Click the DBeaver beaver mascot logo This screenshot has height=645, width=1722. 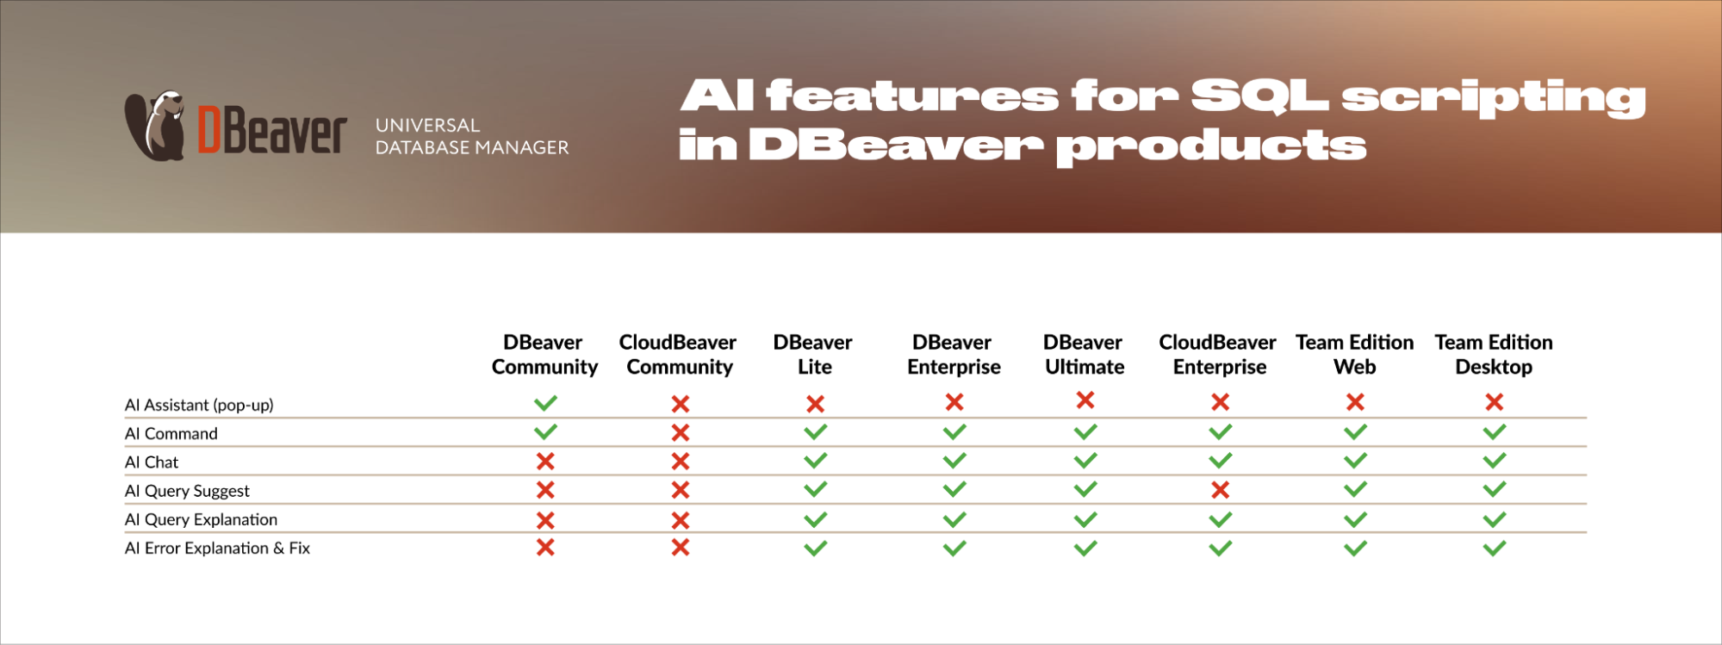(x=155, y=126)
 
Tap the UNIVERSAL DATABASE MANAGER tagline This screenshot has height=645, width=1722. (x=472, y=136)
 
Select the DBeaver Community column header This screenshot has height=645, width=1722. (x=544, y=355)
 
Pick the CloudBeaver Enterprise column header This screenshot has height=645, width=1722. (x=1218, y=355)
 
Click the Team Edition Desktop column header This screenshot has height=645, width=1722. (x=1494, y=355)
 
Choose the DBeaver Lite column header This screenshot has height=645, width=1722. (x=813, y=355)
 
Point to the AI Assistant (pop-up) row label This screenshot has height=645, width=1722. (x=199, y=405)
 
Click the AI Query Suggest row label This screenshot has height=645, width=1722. (x=187, y=491)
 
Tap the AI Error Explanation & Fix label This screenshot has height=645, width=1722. (x=217, y=548)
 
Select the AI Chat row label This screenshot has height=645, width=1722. (x=152, y=462)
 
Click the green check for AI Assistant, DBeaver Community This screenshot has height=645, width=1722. (x=545, y=403)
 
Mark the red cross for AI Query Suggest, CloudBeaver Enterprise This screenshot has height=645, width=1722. (x=1220, y=490)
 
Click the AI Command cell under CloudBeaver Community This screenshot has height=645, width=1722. (x=681, y=432)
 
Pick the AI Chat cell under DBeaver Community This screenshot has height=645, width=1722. (x=545, y=462)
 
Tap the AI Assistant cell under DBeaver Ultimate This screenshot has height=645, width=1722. (x=1085, y=400)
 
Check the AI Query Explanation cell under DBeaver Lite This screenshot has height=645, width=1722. (x=815, y=519)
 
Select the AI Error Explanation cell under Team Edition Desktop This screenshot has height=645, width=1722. (x=1495, y=548)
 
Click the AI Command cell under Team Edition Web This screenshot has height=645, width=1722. (x=1355, y=431)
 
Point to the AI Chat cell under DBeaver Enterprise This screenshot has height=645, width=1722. (x=954, y=461)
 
